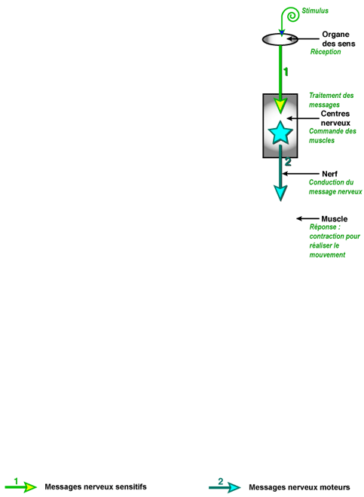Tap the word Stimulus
pyautogui.click(x=315, y=11)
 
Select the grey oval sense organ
pyautogui.click(x=280, y=39)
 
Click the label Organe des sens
pyautogui.click(x=338, y=39)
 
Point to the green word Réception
pyautogui.click(x=326, y=52)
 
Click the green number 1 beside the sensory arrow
pyautogui.click(x=286, y=72)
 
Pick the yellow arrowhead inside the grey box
pyautogui.click(x=280, y=106)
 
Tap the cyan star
pyautogui.click(x=280, y=133)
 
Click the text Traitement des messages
pyautogui.click(x=332, y=100)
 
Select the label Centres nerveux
pyautogui.click(x=335, y=118)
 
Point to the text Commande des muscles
pyautogui.click(x=332, y=136)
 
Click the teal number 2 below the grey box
pyautogui.click(x=288, y=162)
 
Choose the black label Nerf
pyautogui.click(x=330, y=174)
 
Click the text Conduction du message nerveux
pyautogui.click(x=335, y=187)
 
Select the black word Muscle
pyautogui.click(x=334, y=218)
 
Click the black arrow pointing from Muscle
pyautogui.click(x=307, y=218)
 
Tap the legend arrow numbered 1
pyautogui.click(x=21, y=487)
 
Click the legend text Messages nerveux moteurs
pyautogui.click(x=299, y=487)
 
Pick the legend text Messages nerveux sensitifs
pyautogui.click(x=96, y=486)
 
